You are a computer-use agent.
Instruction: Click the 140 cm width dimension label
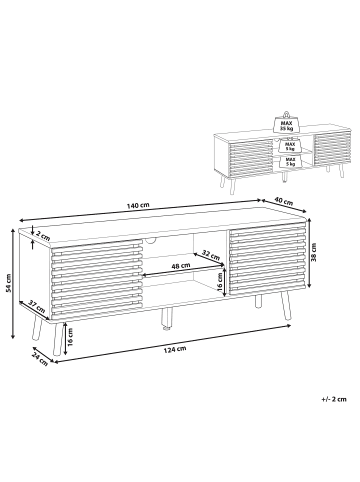click(138, 205)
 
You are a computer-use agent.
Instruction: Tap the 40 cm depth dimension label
click(284, 201)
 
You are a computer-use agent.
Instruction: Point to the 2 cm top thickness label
click(43, 236)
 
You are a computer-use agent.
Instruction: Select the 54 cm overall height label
click(9, 283)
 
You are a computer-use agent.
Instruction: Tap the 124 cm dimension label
click(175, 349)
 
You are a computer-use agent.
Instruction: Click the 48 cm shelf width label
click(181, 266)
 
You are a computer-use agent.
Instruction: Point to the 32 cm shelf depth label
click(211, 255)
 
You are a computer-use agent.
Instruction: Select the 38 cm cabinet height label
click(314, 252)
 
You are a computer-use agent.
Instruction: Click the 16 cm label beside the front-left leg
click(70, 337)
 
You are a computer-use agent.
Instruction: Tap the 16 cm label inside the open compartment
click(220, 283)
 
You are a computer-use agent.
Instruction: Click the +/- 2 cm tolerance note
click(334, 399)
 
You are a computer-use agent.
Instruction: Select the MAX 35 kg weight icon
click(286, 123)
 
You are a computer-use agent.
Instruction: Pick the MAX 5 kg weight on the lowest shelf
click(287, 161)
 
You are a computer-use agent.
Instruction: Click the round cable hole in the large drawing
click(151, 239)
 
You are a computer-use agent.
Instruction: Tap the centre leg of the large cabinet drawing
click(167, 319)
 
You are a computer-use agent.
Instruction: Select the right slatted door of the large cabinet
click(267, 258)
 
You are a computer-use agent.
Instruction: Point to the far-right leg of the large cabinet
click(286, 306)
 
